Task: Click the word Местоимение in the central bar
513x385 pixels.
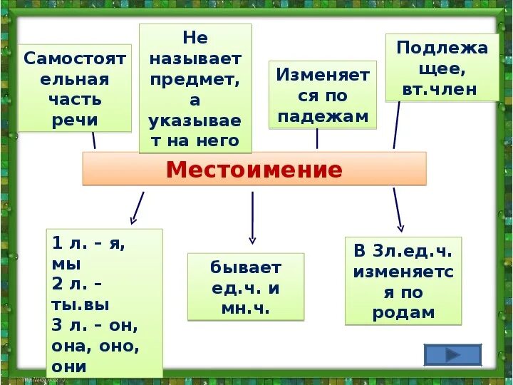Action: (254, 170)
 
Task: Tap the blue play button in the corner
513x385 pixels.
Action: (452, 354)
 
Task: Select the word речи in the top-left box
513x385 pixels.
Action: (74, 120)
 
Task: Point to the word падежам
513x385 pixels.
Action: (322, 115)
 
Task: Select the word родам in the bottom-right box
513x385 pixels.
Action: (403, 312)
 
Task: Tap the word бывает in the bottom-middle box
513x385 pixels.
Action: (245, 267)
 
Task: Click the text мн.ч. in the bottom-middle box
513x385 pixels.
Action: (245, 308)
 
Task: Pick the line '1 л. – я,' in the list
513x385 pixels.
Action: (89, 243)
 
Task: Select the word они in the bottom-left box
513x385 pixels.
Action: (69, 366)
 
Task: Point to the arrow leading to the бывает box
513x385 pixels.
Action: (252, 217)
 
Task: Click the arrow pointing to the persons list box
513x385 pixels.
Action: (137, 208)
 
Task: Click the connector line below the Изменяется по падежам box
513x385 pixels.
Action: (317, 139)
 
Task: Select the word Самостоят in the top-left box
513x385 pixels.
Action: (74, 58)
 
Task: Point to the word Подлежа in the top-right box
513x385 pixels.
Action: (442, 48)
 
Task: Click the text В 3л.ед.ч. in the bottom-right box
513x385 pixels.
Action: (403, 251)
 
